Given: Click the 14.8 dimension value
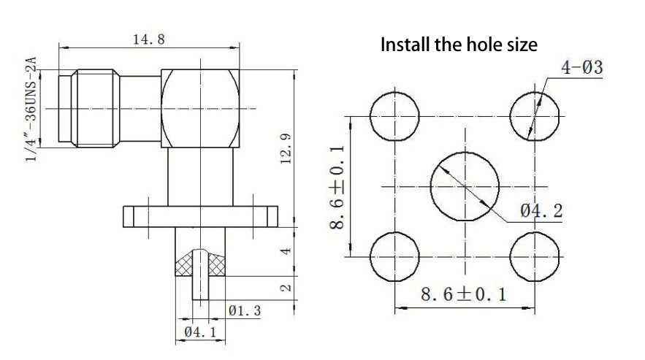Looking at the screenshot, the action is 149,39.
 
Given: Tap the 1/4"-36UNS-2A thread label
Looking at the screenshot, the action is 31,110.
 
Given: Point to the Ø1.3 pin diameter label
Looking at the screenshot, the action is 245,310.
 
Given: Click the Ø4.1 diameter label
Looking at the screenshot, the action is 200,332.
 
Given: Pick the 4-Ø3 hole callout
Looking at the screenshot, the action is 582,67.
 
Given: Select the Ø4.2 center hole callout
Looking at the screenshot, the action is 541,210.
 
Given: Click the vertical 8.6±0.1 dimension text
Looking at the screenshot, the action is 337,188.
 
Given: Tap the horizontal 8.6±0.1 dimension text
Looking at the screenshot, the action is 463,294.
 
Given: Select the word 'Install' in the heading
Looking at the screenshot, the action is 405,45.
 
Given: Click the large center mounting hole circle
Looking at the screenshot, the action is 465,187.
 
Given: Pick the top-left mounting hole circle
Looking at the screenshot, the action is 395,116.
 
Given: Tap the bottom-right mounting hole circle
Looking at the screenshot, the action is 535,257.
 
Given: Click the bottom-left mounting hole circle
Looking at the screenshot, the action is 395,257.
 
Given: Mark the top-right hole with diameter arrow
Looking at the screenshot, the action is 535,116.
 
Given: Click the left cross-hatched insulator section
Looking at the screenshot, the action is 184,265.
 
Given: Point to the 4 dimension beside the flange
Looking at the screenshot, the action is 286,250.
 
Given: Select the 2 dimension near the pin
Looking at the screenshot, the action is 286,288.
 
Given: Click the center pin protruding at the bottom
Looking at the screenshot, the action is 200,275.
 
